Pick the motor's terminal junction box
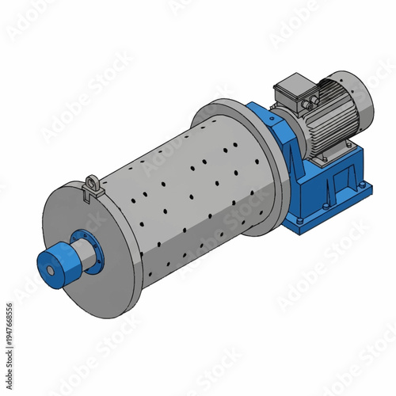(x=292, y=91)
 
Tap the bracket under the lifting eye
(x=92, y=193)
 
